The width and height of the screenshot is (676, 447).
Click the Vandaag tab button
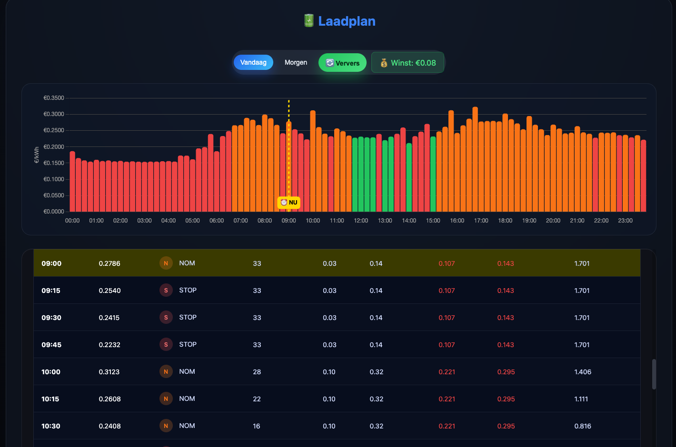pos(253,62)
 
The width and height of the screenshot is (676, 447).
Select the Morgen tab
pos(296,62)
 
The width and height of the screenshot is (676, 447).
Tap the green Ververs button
pos(342,63)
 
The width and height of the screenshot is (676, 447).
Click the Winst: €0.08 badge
pos(408,63)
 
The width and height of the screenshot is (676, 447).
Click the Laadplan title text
pos(347,21)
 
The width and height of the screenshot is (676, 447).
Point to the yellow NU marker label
pos(289,203)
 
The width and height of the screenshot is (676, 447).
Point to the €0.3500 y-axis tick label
pos(54,98)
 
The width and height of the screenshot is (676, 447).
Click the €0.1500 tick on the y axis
pos(54,163)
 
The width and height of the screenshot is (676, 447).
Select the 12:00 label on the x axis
pos(361,221)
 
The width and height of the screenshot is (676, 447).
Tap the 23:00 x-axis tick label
pos(625,221)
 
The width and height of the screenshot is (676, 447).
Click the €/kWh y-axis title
pos(37,155)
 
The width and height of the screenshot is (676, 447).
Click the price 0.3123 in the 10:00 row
pos(109,372)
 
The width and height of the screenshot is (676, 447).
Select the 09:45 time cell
pos(51,345)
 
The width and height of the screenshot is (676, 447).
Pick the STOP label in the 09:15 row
pos(188,290)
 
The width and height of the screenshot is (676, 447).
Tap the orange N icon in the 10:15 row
pos(166,399)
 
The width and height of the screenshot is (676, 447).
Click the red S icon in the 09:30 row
pos(166,318)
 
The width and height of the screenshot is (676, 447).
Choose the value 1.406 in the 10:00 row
pos(583,372)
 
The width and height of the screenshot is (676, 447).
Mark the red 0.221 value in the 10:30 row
pos(447,426)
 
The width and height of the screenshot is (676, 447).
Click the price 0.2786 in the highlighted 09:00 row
pos(109,263)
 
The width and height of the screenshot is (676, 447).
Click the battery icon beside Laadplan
pos(309,20)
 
